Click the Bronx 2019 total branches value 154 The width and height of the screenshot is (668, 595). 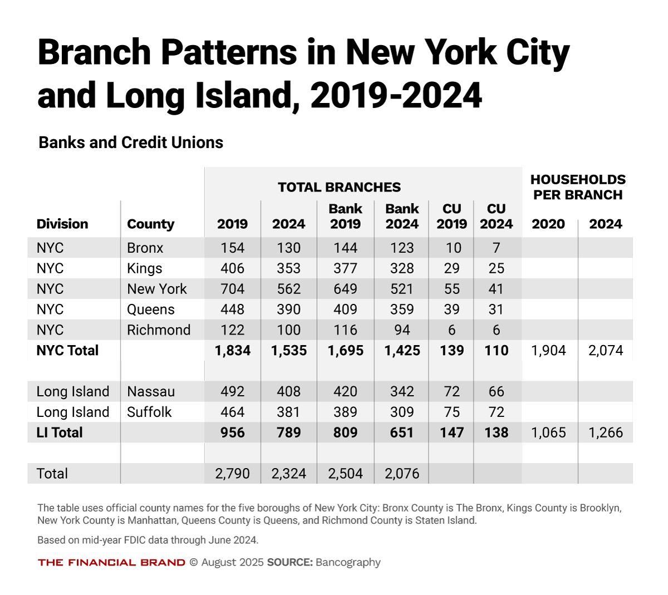tap(232, 248)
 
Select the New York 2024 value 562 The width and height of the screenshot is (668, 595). tap(288, 289)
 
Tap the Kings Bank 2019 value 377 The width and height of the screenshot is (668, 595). tap(345, 268)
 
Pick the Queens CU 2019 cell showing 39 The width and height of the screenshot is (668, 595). tap(451, 309)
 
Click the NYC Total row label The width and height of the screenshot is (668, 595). tap(67, 351)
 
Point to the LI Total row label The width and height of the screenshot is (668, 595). tap(60, 432)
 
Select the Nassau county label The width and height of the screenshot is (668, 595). tap(151, 391)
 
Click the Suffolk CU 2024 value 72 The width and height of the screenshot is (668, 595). tap(496, 412)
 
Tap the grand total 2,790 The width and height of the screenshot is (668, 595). tap(232, 474)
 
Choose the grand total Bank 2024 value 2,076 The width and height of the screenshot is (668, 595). tap(402, 474)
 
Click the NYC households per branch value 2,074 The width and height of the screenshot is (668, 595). tap(606, 351)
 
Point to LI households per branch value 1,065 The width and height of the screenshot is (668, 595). tap(548, 432)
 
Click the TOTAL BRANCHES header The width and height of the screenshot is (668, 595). tap(340, 187)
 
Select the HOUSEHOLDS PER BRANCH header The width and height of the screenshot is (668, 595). tap(578, 187)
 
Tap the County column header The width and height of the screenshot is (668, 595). tap(150, 224)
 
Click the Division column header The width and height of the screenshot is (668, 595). tap(62, 224)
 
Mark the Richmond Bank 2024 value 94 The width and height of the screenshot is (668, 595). tap(402, 330)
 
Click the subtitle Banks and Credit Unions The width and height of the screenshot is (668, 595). tap(131, 142)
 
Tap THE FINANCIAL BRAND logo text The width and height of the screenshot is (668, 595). tap(111, 562)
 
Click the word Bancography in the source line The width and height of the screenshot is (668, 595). tap(348, 562)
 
